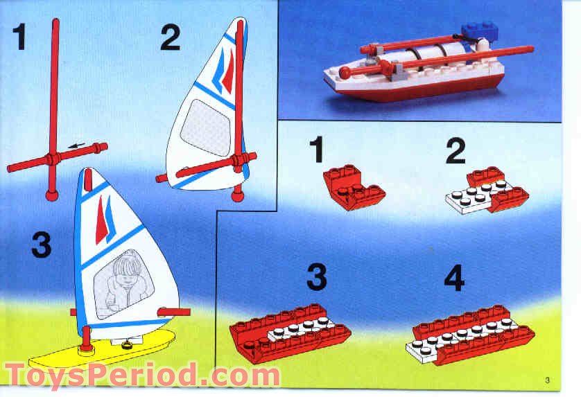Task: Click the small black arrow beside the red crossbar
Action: (x=77, y=146)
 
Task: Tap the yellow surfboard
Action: (x=104, y=349)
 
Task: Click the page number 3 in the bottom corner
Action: (x=547, y=378)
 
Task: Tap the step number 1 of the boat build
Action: (x=316, y=150)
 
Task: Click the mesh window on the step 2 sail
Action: (x=205, y=126)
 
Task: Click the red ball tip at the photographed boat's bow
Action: (x=345, y=71)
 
